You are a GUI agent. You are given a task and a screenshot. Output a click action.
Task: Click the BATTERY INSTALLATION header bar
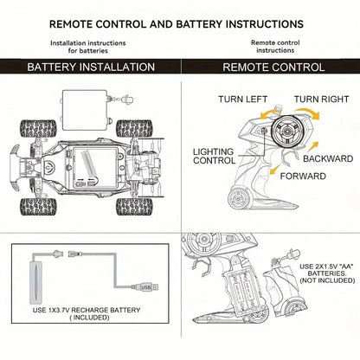coord(91,67)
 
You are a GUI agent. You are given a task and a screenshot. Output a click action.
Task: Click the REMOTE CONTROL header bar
coord(269,67)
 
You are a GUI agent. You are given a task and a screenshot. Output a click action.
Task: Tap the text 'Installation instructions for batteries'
coord(87,45)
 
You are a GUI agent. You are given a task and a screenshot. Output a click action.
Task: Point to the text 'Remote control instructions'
coord(275,45)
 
